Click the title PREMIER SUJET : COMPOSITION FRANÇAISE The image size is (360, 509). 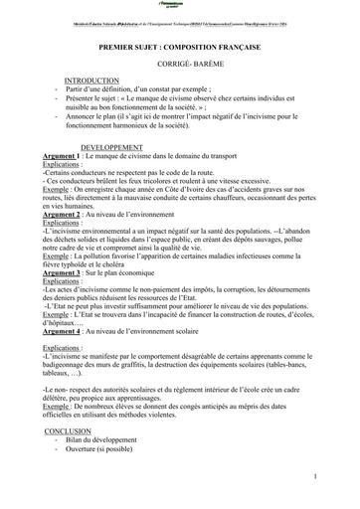[180, 45]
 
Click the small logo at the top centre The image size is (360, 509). [179, 7]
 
